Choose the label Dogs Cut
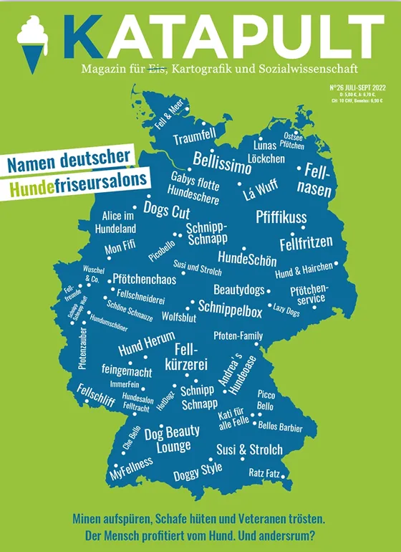(x=166, y=209)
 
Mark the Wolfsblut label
(x=179, y=317)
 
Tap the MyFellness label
(x=132, y=469)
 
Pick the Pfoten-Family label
(x=238, y=336)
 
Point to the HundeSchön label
(x=247, y=258)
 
